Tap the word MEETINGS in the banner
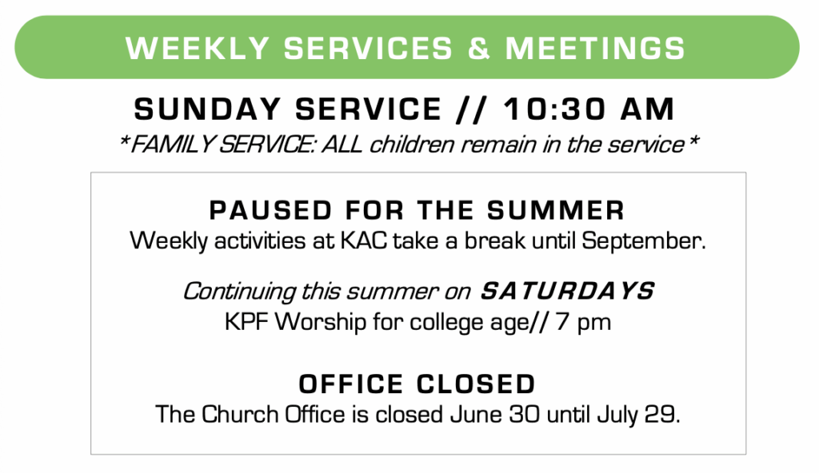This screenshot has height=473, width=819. pyautogui.click(x=595, y=48)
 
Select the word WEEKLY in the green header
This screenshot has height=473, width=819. pyautogui.click(x=198, y=48)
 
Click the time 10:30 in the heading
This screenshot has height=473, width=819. pyautogui.click(x=554, y=109)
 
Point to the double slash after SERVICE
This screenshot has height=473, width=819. pyautogui.click(x=473, y=109)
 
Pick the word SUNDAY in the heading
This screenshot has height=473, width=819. pyautogui.click(x=207, y=109)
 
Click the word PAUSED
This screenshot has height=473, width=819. pyautogui.click(x=270, y=210)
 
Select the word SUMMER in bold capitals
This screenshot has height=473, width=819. pyautogui.click(x=556, y=210)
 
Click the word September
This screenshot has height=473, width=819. pyautogui.click(x=643, y=241)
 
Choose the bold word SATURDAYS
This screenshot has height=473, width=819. pyautogui.click(x=567, y=291)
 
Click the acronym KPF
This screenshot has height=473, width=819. pyautogui.click(x=247, y=322)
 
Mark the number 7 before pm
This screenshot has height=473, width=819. pyautogui.click(x=562, y=322)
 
